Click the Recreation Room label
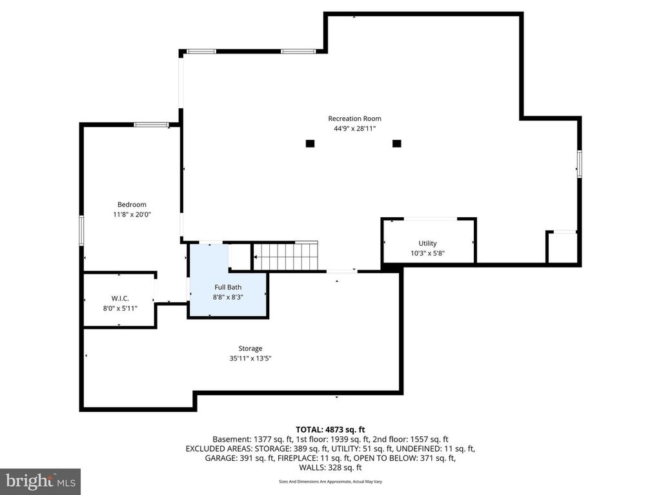(x=354, y=119)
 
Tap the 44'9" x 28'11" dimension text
(x=354, y=129)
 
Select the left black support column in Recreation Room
(x=310, y=143)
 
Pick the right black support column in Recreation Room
(x=396, y=143)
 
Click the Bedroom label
(x=132, y=205)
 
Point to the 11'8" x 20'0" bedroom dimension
(x=132, y=215)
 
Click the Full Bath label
(x=227, y=287)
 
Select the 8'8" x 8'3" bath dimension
(x=227, y=296)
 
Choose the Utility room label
(x=427, y=244)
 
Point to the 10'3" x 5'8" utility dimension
(x=427, y=253)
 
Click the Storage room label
(x=250, y=349)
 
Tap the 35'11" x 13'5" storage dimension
(x=250, y=358)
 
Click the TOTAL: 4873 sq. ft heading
(x=330, y=429)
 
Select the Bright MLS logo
(x=40, y=481)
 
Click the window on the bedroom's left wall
(x=82, y=230)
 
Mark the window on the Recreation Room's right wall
(x=579, y=163)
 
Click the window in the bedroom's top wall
(x=151, y=124)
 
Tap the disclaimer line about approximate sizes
(x=330, y=482)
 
